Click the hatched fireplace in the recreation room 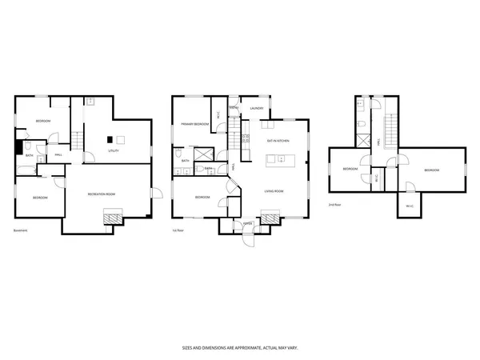coord(111,217)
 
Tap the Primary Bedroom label coord(194,124)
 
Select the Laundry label coord(257,108)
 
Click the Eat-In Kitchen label coord(278,140)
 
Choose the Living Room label coord(276,191)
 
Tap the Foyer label coord(248,223)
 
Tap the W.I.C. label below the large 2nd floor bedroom coord(409,206)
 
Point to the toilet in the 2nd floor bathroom coord(362,124)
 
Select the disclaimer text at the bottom coord(239,348)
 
